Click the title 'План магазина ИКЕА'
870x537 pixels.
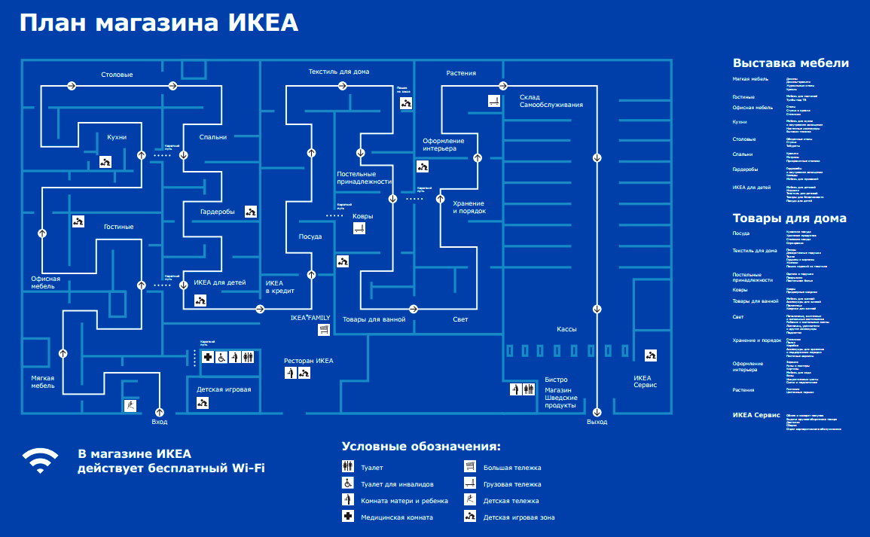pos(159,23)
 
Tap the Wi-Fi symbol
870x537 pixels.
pos(39,460)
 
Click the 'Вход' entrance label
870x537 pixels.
pos(159,423)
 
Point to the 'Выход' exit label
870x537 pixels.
pos(597,423)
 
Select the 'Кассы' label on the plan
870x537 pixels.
pos(566,329)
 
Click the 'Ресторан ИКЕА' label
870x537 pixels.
pos(308,361)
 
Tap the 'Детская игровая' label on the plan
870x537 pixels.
pos(224,389)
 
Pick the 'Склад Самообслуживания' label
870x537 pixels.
pos(551,101)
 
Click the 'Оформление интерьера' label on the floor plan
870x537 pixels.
pos(443,145)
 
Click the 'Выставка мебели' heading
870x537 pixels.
pos(791,63)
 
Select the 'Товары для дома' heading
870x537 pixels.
pos(789,218)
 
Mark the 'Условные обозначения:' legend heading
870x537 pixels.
pos(421,447)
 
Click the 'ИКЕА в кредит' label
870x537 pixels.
pos(279,287)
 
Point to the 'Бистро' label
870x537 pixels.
pos(556,380)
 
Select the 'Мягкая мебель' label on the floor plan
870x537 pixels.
pos(43,381)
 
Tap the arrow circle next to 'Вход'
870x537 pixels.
pos(159,411)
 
